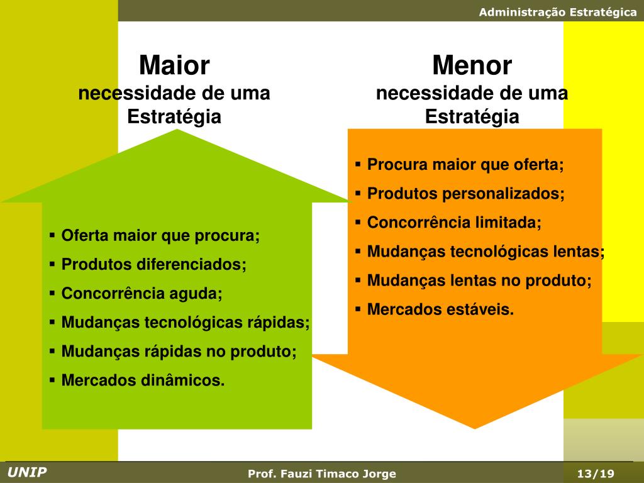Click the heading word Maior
coord(174,65)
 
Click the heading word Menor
coord(472,65)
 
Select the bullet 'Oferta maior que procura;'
coord(160,236)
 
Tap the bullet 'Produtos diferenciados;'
coord(154,265)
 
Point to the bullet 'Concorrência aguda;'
coord(142,294)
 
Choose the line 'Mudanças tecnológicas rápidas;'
coord(186,323)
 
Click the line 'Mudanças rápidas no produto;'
coord(179,352)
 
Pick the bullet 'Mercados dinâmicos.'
coord(143,380)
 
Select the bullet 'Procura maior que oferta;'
coord(465,165)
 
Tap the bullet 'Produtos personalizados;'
coord(466,194)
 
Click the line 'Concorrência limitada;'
coord(454,223)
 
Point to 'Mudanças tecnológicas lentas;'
coord(486,252)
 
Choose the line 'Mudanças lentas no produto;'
coord(479,280)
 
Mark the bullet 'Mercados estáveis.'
coord(440,309)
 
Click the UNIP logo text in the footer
coord(27,473)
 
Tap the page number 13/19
coord(595,474)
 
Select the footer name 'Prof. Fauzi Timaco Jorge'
coord(322,474)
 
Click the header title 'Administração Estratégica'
coord(558,12)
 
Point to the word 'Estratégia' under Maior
coord(174,117)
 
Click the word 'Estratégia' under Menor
coord(472,117)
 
